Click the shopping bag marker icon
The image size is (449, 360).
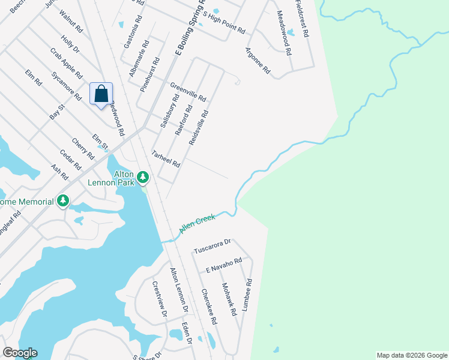coord(101,94)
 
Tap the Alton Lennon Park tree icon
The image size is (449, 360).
coord(143,177)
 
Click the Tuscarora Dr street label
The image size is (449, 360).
coord(212,245)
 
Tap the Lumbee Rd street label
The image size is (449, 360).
coord(248,294)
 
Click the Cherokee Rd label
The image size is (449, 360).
coord(209,307)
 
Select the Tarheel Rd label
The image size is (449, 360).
coord(166,159)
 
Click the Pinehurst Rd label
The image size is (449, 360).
coord(151,74)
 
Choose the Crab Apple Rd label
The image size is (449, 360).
coord(67,63)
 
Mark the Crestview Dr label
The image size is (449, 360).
coord(159,299)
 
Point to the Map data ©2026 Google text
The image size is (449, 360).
coord(411,355)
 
